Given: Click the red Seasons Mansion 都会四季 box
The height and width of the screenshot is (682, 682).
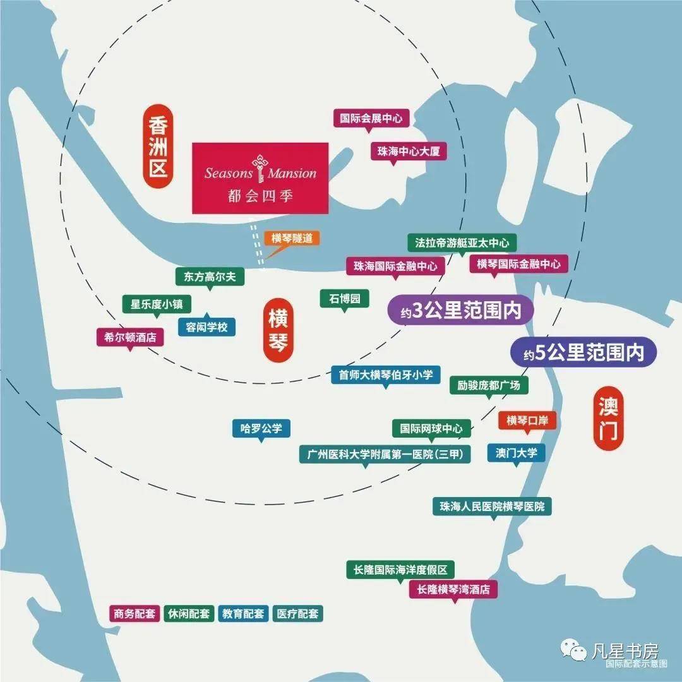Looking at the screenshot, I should tap(260, 177).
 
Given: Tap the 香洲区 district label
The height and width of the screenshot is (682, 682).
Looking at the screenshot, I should tap(157, 148).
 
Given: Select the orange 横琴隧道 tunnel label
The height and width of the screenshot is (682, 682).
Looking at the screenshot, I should tap(292, 238).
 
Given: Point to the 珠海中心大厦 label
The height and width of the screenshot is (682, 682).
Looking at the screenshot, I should tap(408, 151).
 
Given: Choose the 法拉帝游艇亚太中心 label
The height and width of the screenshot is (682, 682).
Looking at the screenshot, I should tap(462, 242).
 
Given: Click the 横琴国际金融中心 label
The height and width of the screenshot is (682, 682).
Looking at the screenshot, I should tap(518, 264).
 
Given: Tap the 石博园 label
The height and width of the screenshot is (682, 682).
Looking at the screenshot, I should tap(344, 298).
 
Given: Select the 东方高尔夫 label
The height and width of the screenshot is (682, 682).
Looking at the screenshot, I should tap(209, 276).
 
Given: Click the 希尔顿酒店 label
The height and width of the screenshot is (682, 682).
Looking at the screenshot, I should tap(130, 337).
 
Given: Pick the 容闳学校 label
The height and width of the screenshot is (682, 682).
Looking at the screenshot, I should tap(206, 327).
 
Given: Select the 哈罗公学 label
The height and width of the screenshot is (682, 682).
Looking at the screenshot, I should tap(261, 429).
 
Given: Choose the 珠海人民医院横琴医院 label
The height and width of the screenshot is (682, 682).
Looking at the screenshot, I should tap(492, 506).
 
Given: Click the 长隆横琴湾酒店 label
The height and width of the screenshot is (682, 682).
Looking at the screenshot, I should tap(453, 590).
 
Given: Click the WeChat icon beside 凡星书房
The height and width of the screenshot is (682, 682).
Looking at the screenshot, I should tap(573, 652).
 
